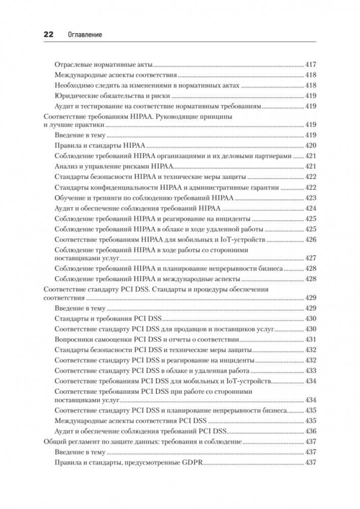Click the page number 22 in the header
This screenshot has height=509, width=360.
point(48,35)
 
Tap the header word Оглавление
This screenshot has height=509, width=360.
point(85,35)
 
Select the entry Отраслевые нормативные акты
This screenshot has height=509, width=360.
point(103,65)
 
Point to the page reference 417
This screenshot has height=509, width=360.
point(311,65)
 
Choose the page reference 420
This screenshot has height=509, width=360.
point(311,145)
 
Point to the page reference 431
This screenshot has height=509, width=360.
point(311,339)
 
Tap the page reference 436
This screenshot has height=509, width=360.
point(311,431)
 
